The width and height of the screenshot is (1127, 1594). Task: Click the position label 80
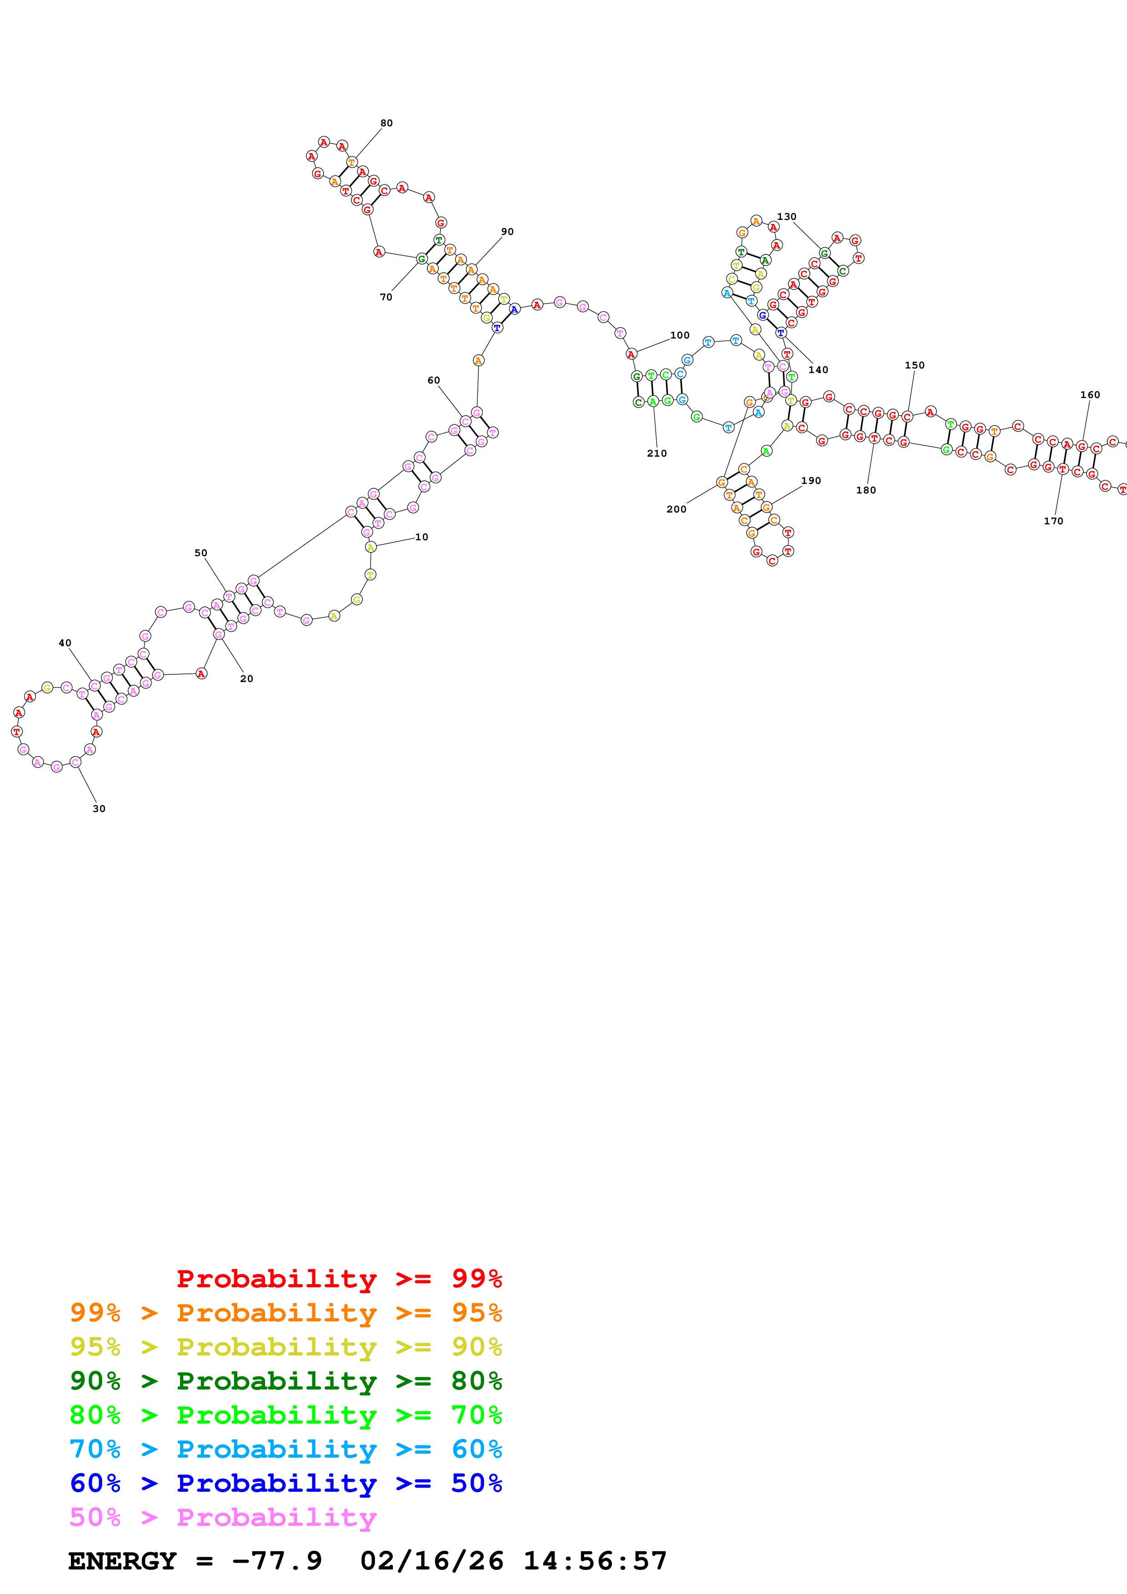pos(386,123)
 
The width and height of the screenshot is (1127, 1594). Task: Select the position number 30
pos(99,808)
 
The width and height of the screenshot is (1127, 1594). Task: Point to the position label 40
pos(65,643)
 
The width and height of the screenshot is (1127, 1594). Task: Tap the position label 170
pos(1053,521)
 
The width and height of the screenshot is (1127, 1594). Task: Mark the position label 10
pos(421,537)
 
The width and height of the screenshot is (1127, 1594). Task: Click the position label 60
pos(433,380)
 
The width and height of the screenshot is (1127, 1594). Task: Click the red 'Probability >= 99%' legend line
pos(339,1279)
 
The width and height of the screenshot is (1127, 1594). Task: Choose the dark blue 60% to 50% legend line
pos(286,1484)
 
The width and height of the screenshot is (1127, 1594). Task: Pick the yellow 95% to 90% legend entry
pos(286,1347)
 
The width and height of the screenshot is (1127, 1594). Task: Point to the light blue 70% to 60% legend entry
pos(286,1450)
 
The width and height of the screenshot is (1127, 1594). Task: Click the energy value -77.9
pos(276,1561)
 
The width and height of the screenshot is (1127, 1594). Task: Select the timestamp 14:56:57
pos(594,1561)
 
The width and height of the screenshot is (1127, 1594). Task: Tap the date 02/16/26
pos(431,1561)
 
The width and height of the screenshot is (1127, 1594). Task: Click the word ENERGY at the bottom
pos(122,1561)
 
